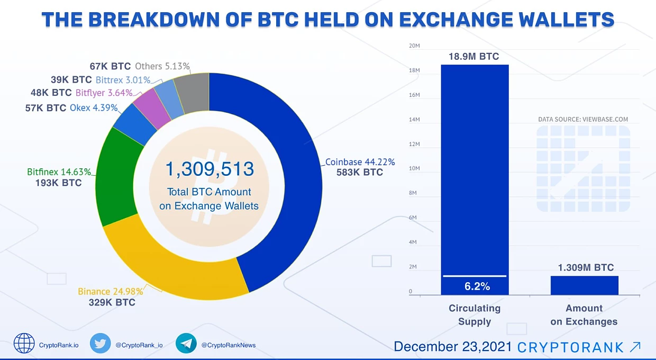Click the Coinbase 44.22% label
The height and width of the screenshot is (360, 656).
point(360,162)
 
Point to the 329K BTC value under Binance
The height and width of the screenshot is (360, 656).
point(112,302)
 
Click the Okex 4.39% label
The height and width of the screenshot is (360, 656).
point(94,108)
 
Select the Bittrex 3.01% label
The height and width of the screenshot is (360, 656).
point(123,80)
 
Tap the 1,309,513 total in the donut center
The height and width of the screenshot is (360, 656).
point(209,169)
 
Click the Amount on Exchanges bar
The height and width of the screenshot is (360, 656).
point(584,285)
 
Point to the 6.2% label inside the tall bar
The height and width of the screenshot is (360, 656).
point(477,286)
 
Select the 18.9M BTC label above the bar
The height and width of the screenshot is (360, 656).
point(474,56)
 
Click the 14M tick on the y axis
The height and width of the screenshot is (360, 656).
point(414,119)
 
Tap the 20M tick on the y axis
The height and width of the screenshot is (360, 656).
point(414,46)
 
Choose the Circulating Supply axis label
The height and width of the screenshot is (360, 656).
point(475,315)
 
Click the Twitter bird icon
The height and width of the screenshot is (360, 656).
point(100,343)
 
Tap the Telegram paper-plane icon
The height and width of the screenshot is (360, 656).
point(186,343)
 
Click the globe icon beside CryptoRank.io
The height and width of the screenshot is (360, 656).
point(24,343)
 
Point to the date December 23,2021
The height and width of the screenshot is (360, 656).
point(452,347)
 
